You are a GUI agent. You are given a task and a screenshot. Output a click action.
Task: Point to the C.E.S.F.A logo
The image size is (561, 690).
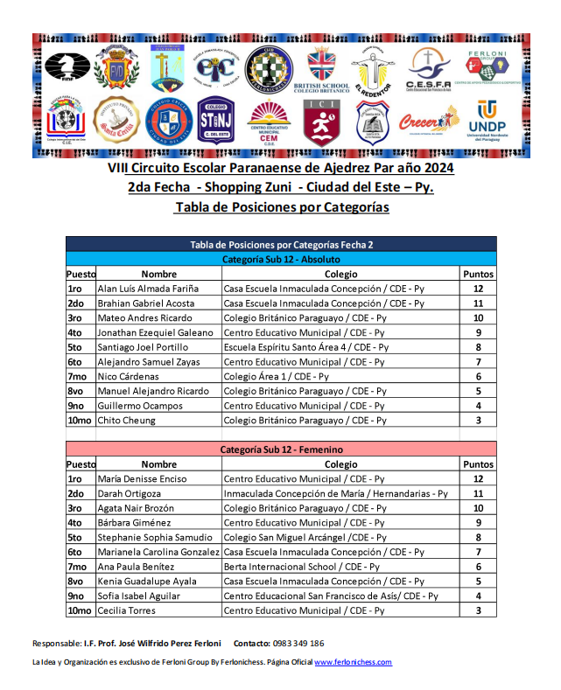coord(429,67)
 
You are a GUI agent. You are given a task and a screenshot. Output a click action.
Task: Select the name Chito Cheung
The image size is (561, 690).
coord(127,420)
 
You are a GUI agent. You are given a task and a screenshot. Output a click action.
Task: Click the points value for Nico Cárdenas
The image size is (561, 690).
coord(478,376)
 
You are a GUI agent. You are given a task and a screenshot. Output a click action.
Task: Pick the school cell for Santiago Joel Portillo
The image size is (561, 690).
coord(306,347)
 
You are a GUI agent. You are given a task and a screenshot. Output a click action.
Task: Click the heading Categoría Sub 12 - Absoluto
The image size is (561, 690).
coord(281,260)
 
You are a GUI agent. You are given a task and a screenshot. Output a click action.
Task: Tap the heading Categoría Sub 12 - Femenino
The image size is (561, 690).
coord(281,450)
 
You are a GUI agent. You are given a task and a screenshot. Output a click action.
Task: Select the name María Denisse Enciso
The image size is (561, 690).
coord(142,478)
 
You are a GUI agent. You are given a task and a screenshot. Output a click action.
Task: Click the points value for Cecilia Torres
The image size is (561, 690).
coord(478,610)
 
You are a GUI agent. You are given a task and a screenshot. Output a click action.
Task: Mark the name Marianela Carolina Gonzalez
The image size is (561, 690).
coord(158,552)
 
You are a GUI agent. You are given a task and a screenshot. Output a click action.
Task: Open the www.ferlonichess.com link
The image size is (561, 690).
coord(353,662)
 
